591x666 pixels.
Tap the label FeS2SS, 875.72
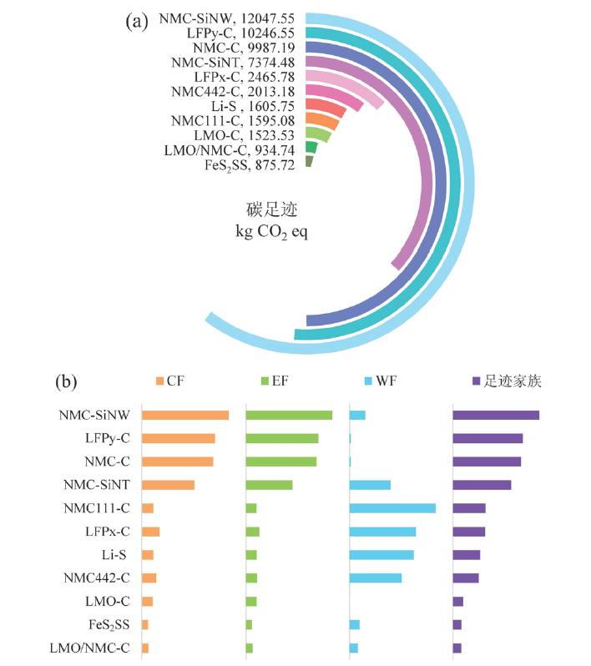(250, 165)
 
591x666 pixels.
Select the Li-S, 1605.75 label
(252, 106)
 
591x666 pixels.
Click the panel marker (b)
(67, 383)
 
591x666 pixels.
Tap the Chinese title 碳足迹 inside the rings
(271, 209)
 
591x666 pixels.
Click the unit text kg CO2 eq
(272, 230)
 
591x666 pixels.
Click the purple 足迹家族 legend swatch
(475, 382)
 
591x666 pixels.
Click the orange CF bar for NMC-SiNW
(185, 416)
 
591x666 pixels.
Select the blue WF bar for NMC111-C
(392, 508)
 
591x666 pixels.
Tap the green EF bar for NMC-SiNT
(269, 485)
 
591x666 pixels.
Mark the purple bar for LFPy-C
(487, 438)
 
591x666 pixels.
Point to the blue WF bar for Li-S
(381, 555)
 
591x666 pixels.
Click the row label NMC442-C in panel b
(97, 578)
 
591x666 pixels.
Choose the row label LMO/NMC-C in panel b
(89, 648)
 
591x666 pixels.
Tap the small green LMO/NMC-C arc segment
(311, 147)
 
